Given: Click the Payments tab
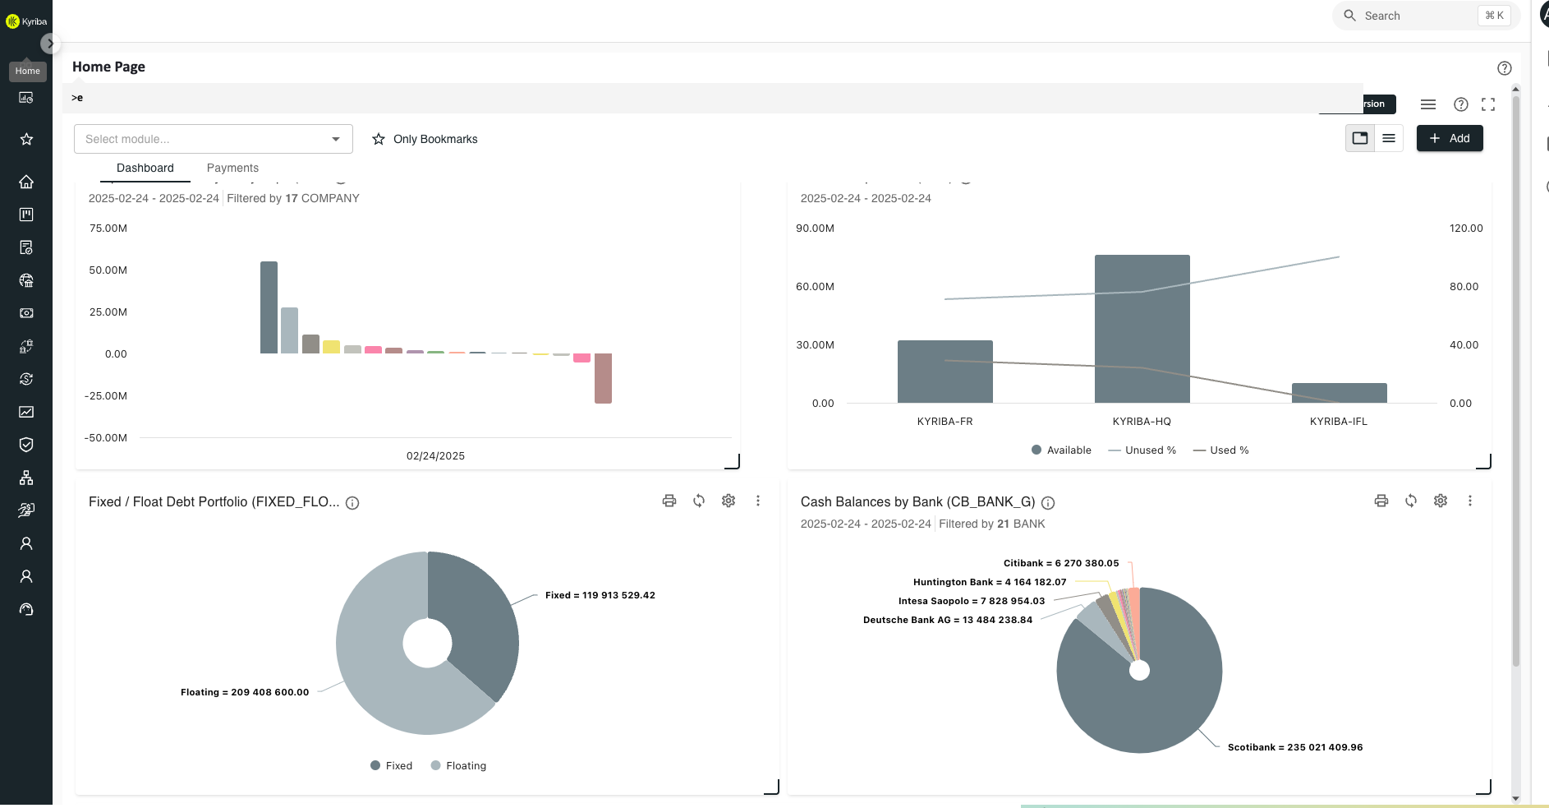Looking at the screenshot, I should [232, 168].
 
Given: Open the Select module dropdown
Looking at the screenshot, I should [213, 139].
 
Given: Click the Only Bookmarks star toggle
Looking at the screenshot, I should [379, 139].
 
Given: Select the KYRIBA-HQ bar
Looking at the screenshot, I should [1142, 329].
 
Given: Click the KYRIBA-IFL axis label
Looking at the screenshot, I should [1338, 422].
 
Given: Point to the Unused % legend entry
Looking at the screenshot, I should [1142, 450].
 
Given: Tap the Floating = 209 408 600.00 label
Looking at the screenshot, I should [245, 692].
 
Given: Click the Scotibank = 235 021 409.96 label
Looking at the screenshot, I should [1294, 747].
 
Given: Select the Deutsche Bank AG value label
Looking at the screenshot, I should [947, 620].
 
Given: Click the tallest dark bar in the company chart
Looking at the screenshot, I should [269, 307].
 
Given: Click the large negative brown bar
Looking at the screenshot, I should [603, 378].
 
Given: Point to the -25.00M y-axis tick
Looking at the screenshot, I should [106, 396].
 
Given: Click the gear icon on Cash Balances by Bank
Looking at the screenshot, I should [1440, 501].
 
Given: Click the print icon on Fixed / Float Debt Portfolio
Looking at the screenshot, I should [669, 501].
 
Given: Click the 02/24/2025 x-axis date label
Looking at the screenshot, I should [435, 456].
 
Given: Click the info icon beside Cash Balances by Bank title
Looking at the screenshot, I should [1048, 503].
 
